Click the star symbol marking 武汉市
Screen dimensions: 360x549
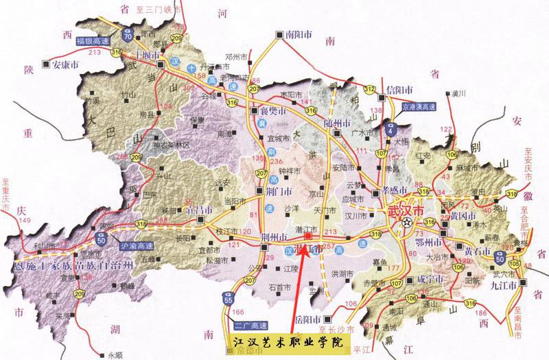(x=408, y=222)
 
